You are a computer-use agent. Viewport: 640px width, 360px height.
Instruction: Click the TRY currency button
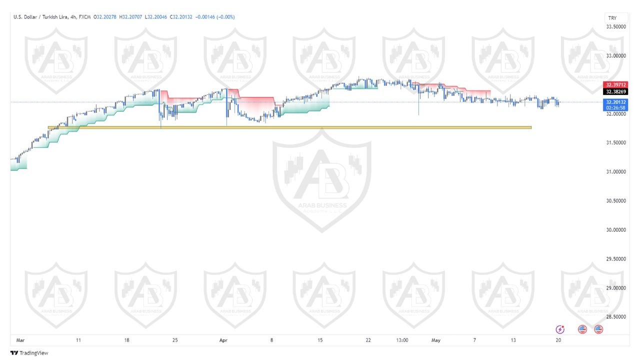click(612, 18)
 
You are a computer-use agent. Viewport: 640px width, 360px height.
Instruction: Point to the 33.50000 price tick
click(616, 27)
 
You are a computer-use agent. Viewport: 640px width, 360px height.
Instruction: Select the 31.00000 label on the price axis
click(616, 172)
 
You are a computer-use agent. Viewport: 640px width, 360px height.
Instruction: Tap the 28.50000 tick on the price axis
click(616, 317)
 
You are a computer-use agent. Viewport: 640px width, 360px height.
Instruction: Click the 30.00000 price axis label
click(616, 230)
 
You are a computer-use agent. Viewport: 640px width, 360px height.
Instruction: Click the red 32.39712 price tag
click(615, 85)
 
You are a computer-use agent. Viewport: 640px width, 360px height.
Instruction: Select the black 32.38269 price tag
click(615, 92)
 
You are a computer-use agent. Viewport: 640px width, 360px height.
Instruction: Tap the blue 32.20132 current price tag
click(615, 102)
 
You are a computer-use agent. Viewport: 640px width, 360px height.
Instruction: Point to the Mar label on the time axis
click(20, 340)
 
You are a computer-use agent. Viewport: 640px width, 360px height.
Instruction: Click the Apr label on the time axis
click(223, 340)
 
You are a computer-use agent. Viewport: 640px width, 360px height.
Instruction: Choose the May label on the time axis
click(436, 340)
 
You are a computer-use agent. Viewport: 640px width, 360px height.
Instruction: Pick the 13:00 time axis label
click(402, 340)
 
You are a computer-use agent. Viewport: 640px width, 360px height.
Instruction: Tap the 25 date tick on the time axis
click(175, 340)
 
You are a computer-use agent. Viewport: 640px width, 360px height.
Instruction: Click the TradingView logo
click(30, 353)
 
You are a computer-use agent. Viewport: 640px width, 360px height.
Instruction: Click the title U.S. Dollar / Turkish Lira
click(41, 17)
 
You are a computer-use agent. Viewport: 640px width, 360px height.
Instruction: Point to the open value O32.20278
click(105, 17)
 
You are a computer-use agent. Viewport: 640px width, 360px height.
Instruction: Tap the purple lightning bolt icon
click(560, 329)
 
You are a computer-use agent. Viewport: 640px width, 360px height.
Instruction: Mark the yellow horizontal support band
click(290, 127)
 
